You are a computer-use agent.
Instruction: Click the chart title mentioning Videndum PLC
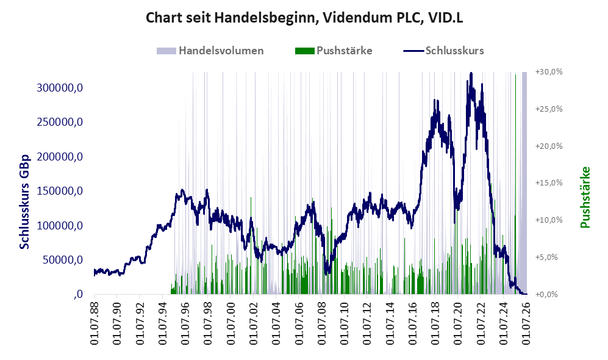304,18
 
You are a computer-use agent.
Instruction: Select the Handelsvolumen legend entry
210,51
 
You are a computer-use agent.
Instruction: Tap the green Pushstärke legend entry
334,51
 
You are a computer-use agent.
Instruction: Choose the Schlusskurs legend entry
443,51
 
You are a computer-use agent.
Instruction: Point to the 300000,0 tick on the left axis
60,88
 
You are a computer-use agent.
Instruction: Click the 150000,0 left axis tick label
60,191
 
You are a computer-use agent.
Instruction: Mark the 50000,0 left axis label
62,260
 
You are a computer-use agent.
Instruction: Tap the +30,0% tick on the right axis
549,72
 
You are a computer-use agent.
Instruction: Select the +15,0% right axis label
549,182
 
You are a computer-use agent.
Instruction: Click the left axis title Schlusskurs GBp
24,202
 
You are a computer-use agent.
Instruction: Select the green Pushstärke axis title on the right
585,197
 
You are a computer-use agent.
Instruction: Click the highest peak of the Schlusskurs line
471,73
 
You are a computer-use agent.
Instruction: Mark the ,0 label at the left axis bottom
78,294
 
